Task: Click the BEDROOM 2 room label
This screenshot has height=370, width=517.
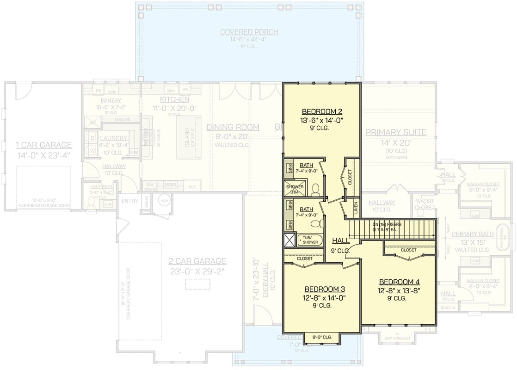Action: click(322, 111)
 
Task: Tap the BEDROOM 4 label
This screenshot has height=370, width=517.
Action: click(399, 282)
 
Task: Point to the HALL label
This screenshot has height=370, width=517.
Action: click(341, 240)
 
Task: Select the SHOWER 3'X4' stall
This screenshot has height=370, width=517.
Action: click(295, 189)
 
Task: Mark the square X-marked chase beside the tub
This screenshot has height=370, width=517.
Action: click(290, 240)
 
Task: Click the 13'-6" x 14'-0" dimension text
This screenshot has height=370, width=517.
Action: click(322, 120)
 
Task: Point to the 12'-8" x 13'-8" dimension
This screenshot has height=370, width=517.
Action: click(399, 290)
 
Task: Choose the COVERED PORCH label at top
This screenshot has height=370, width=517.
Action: click(249, 32)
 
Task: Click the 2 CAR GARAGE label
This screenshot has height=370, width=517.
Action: click(197, 261)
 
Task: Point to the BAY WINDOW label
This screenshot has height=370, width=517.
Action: click(397, 339)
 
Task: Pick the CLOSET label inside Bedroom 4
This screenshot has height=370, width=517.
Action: click(408, 250)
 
